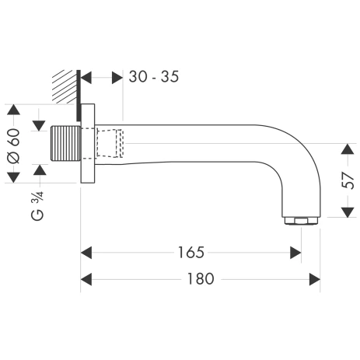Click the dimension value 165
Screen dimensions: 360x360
click(x=190, y=252)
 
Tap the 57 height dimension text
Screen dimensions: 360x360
click(x=348, y=182)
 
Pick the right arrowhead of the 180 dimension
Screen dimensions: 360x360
click(x=314, y=278)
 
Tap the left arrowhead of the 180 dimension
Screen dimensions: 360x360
click(x=87, y=278)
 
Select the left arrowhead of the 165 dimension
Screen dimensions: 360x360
click(x=87, y=252)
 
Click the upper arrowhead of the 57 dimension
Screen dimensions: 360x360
click(x=348, y=149)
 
